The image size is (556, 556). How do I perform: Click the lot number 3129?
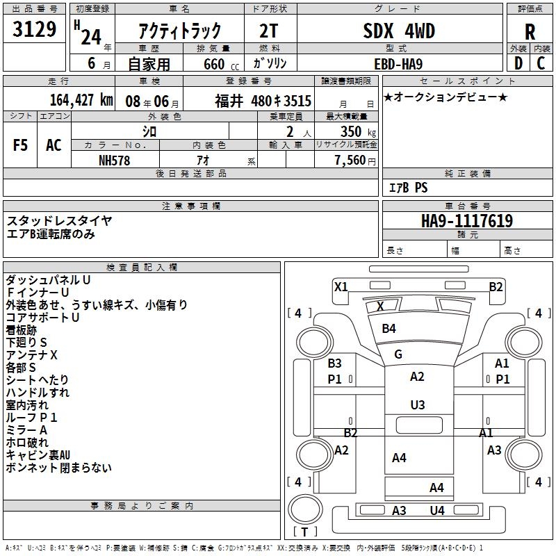click(x=34, y=30)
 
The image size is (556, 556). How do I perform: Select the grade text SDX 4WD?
click(x=399, y=31)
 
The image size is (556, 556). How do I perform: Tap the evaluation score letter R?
click(x=530, y=31)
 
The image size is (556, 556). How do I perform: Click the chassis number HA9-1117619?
click(x=467, y=221)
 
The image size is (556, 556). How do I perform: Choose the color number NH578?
click(x=114, y=160)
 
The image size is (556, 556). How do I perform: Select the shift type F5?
click(x=21, y=145)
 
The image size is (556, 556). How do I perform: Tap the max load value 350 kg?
click(x=359, y=131)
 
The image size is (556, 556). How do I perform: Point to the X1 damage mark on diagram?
click(x=341, y=286)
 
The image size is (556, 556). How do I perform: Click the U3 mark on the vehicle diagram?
click(x=417, y=404)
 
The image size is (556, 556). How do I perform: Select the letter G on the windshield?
click(x=398, y=354)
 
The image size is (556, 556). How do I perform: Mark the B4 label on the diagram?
click(x=389, y=328)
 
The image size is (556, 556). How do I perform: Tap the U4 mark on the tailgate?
click(x=436, y=511)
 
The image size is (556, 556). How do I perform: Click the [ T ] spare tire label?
click(x=305, y=532)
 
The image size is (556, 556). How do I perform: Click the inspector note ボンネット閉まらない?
click(x=58, y=468)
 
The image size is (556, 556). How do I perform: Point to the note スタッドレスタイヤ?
click(x=59, y=220)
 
